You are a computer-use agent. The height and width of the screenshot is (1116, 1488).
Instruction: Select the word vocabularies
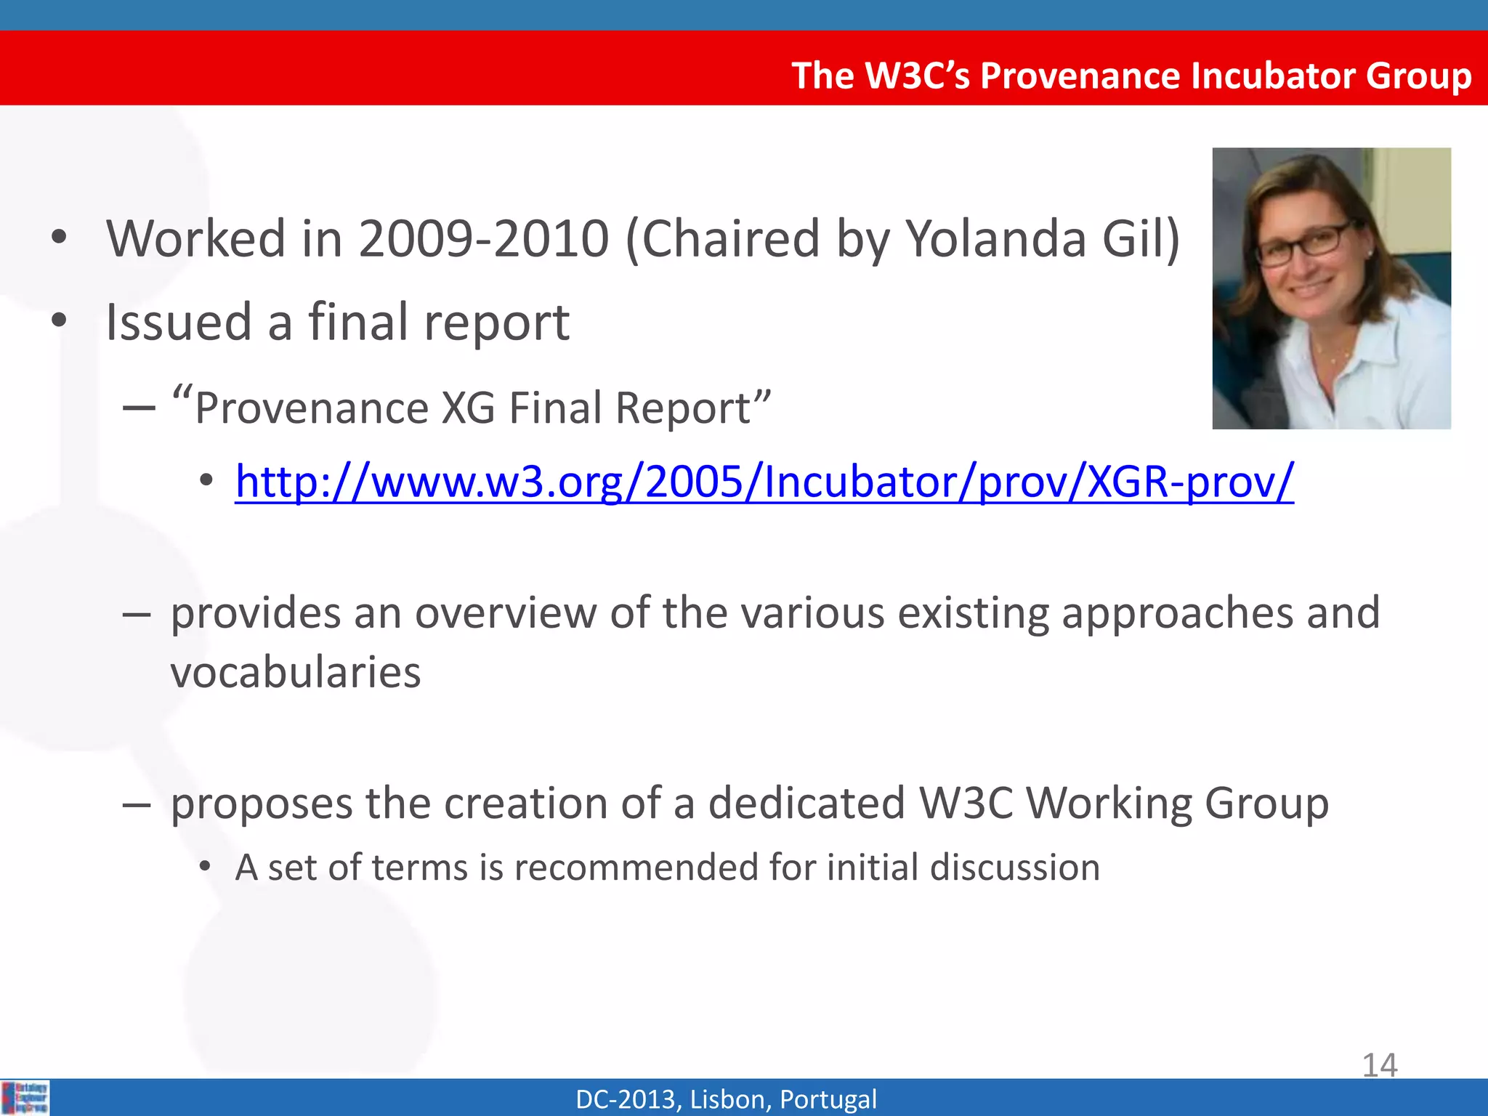point(296,672)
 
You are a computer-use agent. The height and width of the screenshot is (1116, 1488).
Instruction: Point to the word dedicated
point(806,804)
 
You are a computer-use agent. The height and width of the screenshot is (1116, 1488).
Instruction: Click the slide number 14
point(1379,1065)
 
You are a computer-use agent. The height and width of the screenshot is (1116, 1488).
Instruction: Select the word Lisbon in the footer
point(730,1099)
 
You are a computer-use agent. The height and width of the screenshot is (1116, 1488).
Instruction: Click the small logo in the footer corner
point(25,1098)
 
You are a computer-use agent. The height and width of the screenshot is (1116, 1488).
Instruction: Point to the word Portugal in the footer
point(828,1099)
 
